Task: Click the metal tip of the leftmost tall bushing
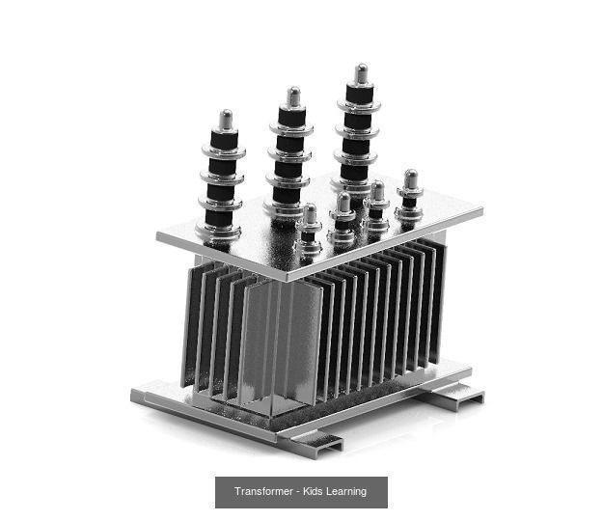point(225,120)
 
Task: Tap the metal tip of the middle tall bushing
point(293,96)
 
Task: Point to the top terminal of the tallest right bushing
point(361,73)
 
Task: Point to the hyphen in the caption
point(298,492)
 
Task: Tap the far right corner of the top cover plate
point(480,206)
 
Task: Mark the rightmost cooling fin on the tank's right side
point(441,299)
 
